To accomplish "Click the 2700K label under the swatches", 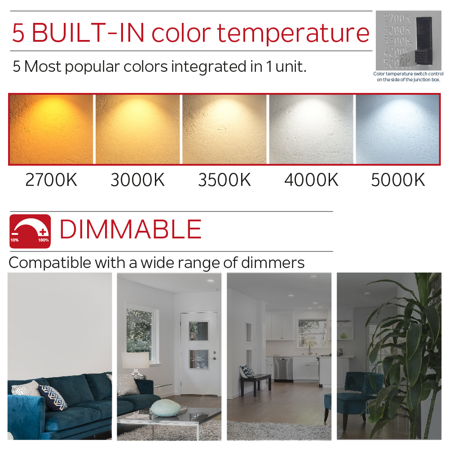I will coord(51,180).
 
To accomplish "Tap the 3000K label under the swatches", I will coord(137,180).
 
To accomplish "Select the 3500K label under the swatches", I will coord(224,180).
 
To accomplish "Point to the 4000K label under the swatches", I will coord(311,180).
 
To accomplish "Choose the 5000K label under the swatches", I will coord(398,180).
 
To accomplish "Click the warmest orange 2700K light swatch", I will coord(51,129).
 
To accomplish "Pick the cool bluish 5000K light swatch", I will coord(397,129).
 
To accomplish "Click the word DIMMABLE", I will coord(131,229).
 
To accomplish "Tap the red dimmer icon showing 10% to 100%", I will coord(30,231).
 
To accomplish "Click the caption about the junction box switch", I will coord(408,77).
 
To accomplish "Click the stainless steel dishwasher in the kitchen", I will coord(283,369).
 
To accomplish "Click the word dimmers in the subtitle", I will coord(276,263).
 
